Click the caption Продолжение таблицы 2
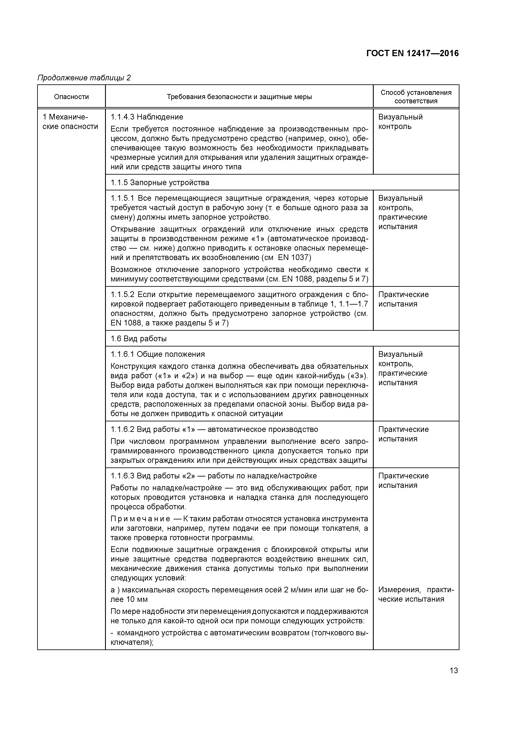coord(84,78)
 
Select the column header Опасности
coord(71,97)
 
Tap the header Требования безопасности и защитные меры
coord(239,97)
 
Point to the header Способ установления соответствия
coord(416,97)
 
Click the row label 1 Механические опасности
coord(70,122)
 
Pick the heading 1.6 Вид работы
coord(138,339)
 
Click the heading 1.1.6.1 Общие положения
coord(157,354)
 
